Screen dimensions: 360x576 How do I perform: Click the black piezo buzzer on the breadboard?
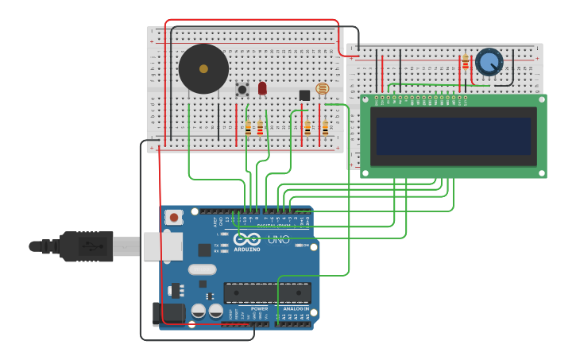click(203, 69)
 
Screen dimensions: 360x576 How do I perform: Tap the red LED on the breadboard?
click(262, 87)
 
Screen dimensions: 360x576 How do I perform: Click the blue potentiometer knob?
click(489, 61)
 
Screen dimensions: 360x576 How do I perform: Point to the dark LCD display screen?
click(453, 136)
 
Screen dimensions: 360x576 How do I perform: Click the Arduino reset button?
click(174, 216)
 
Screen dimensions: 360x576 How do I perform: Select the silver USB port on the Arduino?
click(163, 246)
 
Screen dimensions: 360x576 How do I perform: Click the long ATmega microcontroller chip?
click(267, 293)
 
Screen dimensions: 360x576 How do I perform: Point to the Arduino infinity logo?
click(247, 238)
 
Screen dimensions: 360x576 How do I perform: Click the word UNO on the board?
click(278, 238)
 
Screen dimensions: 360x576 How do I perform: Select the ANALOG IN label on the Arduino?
click(296, 309)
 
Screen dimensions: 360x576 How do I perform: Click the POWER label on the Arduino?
click(259, 309)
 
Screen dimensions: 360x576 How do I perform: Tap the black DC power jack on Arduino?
click(168, 314)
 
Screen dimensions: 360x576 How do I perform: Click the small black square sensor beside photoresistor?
click(304, 95)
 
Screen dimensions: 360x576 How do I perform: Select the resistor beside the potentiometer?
click(465, 62)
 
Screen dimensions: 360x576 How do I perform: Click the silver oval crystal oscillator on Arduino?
click(203, 269)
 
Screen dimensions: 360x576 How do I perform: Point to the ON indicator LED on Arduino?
click(299, 246)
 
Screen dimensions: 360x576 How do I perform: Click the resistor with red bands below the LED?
click(260, 127)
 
